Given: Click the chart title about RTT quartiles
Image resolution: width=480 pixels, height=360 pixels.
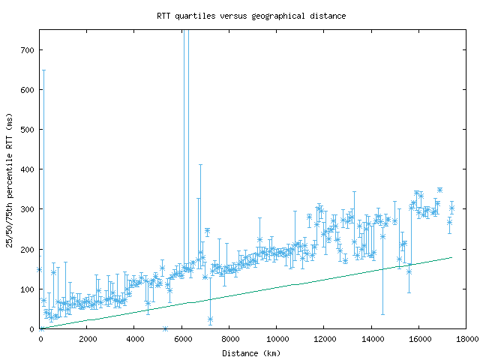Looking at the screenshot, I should [x=251, y=16].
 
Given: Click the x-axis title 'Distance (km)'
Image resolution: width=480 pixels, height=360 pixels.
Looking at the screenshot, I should [x=251, y=353].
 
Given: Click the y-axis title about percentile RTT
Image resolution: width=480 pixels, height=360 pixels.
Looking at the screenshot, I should [x=9, y=178].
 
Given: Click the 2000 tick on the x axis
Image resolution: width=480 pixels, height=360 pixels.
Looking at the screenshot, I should [x=88, y=338].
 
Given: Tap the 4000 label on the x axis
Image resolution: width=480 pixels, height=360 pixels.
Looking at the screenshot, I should [x=135, y=338].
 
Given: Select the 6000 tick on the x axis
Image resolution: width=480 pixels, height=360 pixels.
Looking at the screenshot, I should [x=182, y=338].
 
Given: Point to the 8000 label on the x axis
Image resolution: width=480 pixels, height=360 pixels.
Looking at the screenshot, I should [x=229, y=338].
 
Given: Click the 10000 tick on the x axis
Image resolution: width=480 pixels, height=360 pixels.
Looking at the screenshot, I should [x=277, y=338].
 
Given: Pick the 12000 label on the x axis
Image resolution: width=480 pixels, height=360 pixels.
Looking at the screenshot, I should [x=324, y=338].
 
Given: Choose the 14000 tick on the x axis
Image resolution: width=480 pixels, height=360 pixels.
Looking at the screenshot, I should [x=371, y=338].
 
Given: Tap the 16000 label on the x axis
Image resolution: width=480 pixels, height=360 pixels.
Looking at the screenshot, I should [x=418, y=338].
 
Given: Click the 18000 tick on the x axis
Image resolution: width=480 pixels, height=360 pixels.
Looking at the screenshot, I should [x=466, y=338].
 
